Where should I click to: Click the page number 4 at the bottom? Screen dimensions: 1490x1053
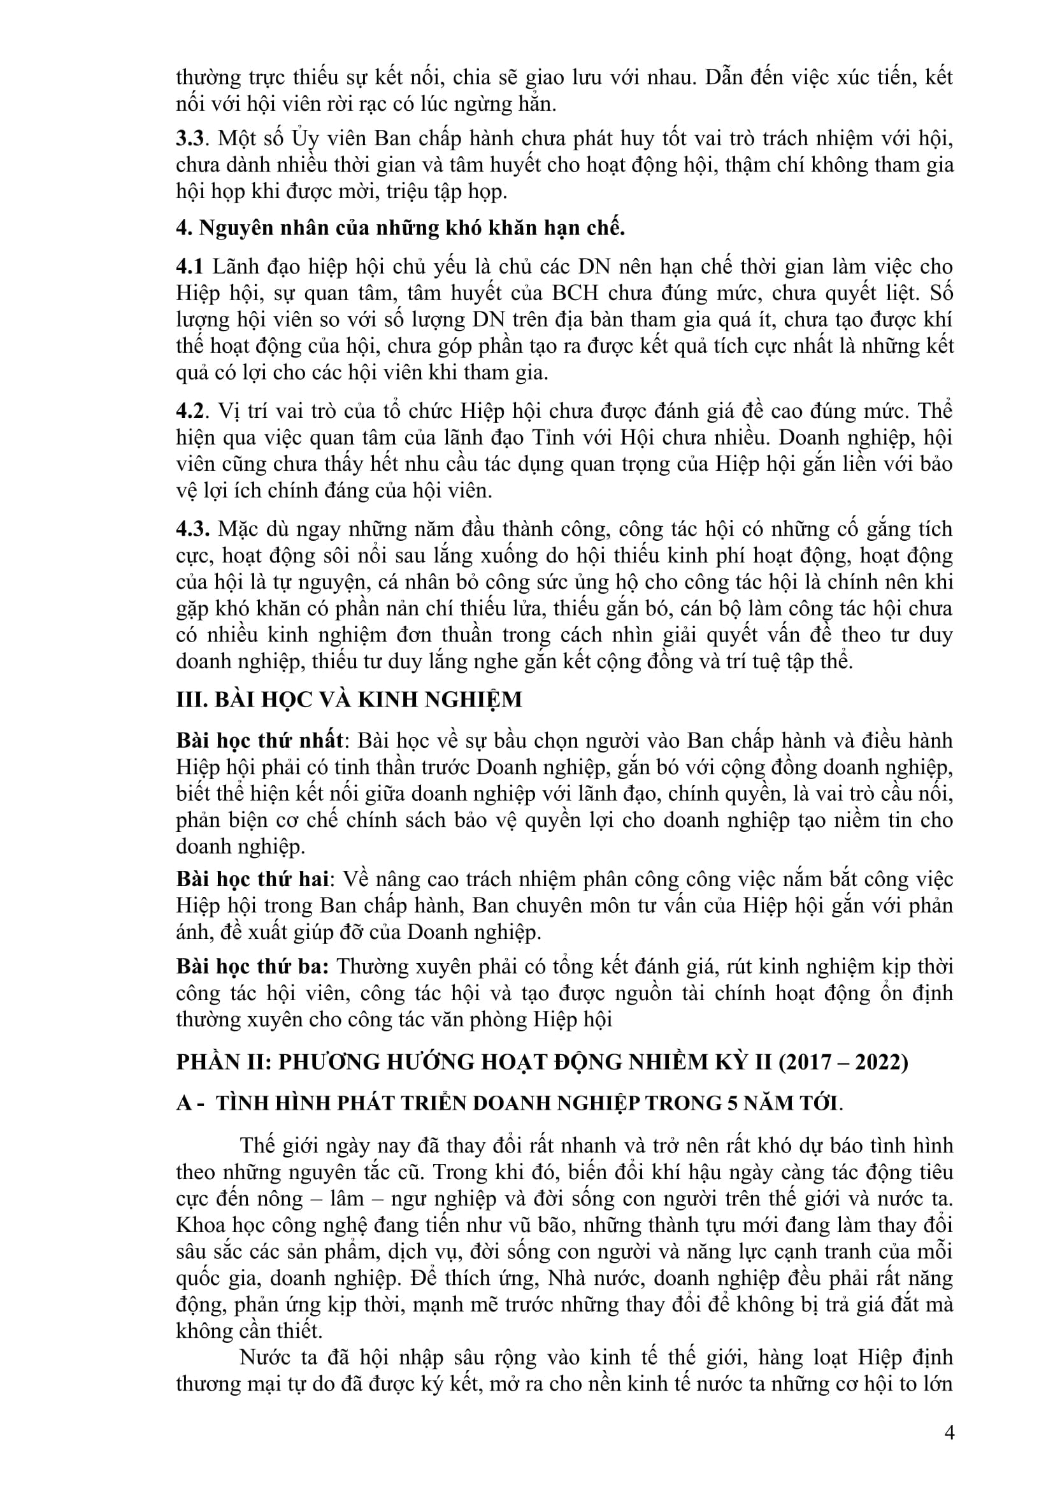pos(950,1432)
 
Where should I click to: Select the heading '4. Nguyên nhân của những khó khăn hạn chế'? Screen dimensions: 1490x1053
pos(400,229)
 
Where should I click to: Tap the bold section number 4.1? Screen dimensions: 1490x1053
pos(189,267)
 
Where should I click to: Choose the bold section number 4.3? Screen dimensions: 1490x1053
pos(192,529)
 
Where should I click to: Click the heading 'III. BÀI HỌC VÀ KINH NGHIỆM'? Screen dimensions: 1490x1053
pos(349,699)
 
